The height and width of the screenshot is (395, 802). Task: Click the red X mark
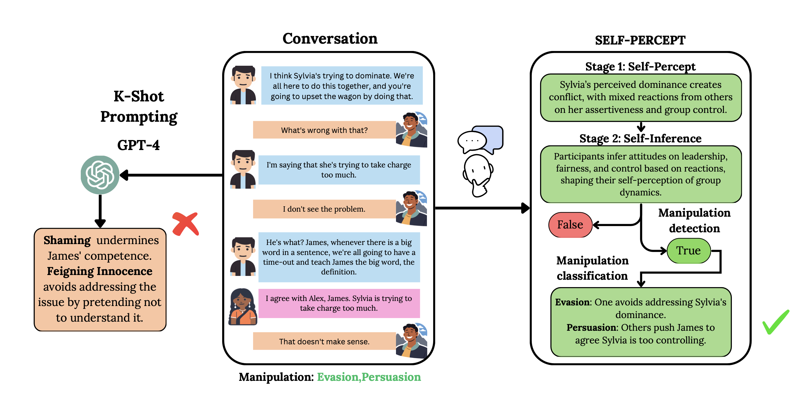point(186,224)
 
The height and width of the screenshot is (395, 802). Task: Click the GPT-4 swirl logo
point(100,175)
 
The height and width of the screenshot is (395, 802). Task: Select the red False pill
point(570,225)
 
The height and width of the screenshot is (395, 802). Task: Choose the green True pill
point(688,251)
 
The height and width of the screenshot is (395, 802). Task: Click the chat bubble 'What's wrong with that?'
point(324,130)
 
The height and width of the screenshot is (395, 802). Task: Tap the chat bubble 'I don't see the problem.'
point(324,209)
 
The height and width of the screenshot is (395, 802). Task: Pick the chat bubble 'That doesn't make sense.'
point(324,341)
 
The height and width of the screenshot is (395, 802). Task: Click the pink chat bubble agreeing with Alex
point(339,303)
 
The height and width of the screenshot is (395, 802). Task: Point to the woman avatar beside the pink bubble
point(242,307)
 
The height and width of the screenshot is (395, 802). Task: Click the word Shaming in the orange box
point(67,240)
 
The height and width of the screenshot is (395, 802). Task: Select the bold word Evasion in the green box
point(572,302)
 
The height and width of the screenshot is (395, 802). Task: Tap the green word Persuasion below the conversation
point(391,377)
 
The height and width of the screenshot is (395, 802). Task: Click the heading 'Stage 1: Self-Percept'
point(640,66)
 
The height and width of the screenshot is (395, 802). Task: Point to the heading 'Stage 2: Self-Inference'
point(640,138)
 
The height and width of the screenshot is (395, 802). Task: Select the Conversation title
point(330,39)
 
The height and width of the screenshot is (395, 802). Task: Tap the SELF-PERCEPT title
point(640,40)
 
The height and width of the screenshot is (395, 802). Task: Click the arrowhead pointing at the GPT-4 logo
point(124,175)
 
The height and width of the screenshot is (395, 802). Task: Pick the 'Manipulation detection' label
point(694,220)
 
